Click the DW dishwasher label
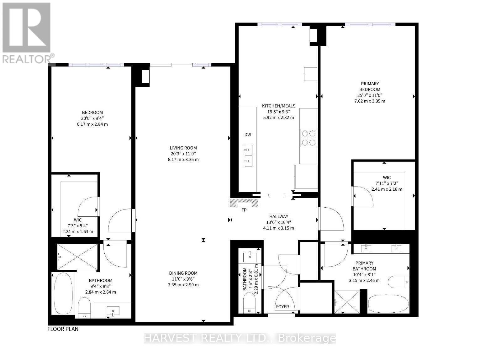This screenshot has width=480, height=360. point(248,135)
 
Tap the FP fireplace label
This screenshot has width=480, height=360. point(244,210)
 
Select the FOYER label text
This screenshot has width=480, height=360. point(282,307)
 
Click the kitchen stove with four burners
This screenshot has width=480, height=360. point(309,138)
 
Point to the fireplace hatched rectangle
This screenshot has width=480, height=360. point(244,203)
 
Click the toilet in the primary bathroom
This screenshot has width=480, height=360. point(398,282)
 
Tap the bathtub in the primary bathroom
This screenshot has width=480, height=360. point(388,304)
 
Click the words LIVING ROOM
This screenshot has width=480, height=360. point(183,148)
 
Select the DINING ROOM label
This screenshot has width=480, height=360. point(183,273)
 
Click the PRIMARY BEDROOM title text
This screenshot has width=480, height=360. point(370,86)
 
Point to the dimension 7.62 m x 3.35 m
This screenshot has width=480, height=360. point(370,101)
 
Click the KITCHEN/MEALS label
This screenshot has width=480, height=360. point(279,106)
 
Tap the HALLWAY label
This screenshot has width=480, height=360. point(279,216)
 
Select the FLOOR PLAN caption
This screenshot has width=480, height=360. point(63,329)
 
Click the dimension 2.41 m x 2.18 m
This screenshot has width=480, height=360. point(387,189)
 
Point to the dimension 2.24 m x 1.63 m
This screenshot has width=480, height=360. point(78,231)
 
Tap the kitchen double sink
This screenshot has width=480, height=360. point(248,156)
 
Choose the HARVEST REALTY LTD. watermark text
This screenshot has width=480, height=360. point(240,338)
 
